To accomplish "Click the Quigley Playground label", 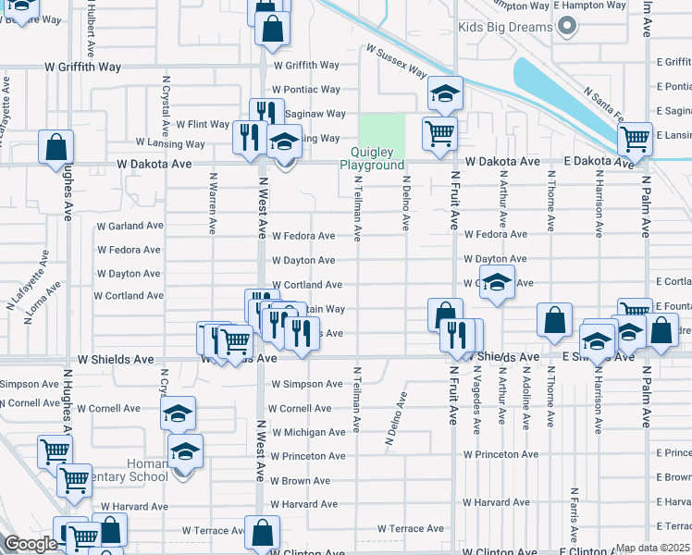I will tap(372, 158).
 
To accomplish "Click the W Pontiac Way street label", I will tap(306, 90).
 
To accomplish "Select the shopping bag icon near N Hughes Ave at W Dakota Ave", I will tap(56, 147).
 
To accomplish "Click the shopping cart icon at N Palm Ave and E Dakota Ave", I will tap(635, 140).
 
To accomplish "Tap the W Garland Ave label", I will tap(130, 226).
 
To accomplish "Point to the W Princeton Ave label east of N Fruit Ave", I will tap(500, 454).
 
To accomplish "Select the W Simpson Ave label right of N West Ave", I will tap(306, 384).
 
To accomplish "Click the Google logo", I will tap(31, 545).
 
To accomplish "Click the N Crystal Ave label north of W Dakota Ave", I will tap(166, 101).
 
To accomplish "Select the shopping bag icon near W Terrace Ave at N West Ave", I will tap(263, 532).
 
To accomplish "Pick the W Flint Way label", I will tap(196, 124).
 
